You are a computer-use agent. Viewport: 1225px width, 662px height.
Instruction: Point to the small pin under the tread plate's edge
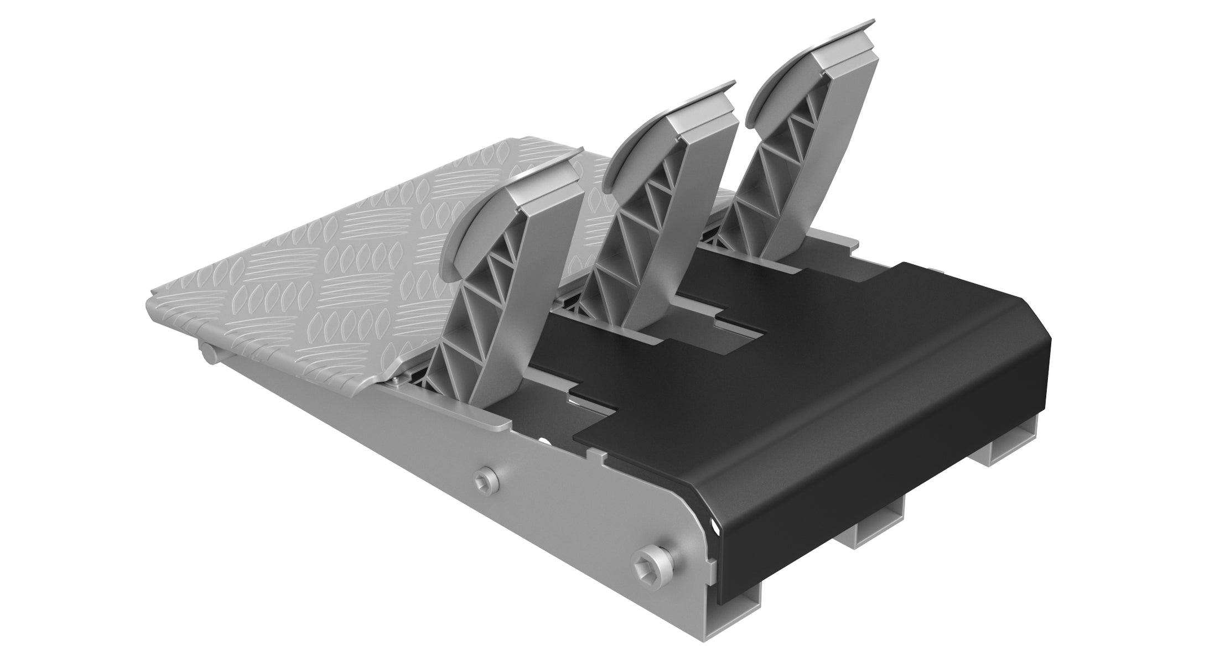pos(207,351)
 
